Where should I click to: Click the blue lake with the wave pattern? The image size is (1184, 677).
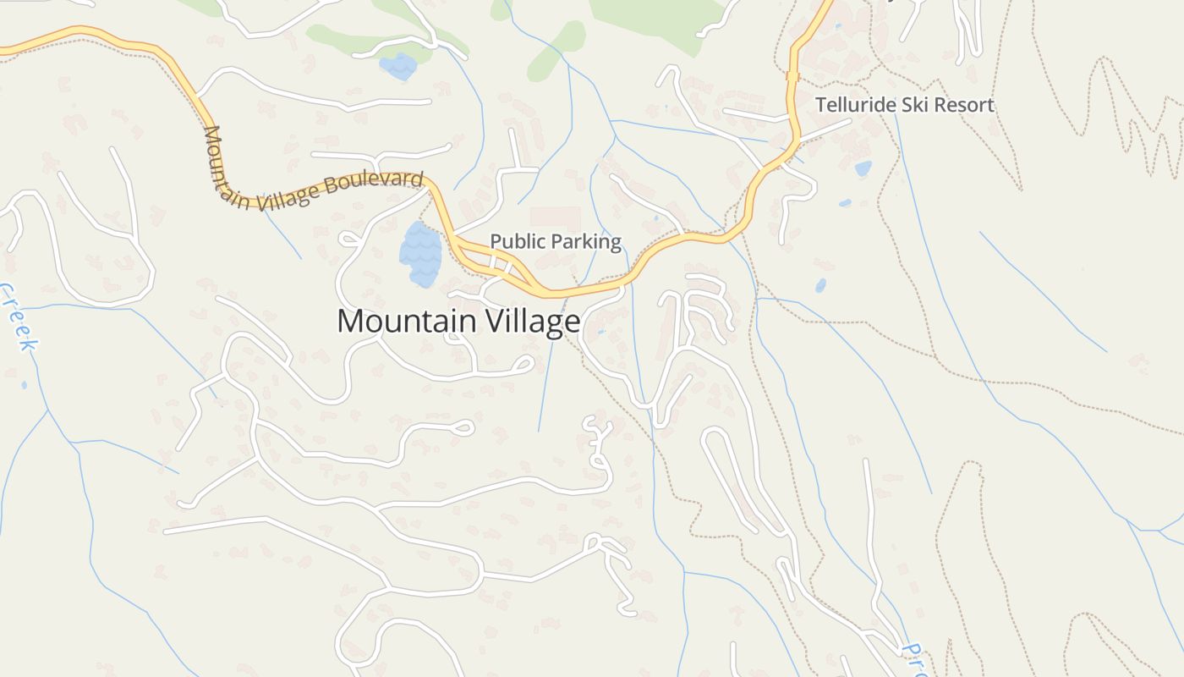tap(420, 253)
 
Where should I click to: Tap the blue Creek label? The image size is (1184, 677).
tap(19, 317)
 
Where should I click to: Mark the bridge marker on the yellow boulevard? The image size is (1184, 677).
tap(792, 76)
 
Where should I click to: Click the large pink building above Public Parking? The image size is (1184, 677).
tap(556, 217)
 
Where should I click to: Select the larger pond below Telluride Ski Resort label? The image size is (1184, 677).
tap(863, 168)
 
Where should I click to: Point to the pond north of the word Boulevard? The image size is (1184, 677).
tap(398, 65)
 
